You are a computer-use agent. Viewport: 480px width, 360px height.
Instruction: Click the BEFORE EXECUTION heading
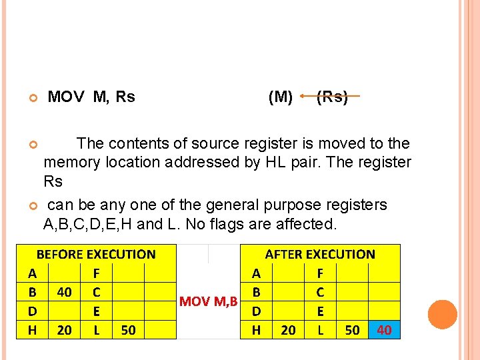(95, 254)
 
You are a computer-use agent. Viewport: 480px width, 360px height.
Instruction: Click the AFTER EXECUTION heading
(320, 254)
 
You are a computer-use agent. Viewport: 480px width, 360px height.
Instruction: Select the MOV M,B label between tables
(209, 301)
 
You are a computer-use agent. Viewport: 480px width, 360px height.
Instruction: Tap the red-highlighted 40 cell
(385, 329)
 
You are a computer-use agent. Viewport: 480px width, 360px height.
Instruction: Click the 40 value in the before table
(65, 292)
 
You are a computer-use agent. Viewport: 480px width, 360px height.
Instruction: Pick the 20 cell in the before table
(65, 329)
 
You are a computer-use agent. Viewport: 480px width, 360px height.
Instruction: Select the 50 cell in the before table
(128, 329)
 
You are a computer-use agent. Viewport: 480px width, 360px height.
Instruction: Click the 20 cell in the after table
(289, 329)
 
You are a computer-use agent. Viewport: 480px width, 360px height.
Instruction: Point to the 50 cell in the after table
(353, 329)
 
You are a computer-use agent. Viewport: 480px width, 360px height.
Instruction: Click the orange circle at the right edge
(442, 314)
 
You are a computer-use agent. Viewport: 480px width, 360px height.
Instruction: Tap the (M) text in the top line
(280, 97)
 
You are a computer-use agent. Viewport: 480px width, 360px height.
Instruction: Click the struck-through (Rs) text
(332, 97)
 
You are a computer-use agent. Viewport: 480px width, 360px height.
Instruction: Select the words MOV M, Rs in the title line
(91, 97)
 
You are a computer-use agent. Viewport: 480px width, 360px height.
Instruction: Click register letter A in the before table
(32, 273)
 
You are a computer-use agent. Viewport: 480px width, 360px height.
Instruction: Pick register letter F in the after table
(321, 273)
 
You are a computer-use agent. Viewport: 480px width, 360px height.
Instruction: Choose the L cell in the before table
(97, 329)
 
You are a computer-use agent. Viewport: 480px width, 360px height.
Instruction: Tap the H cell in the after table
(256, 329)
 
